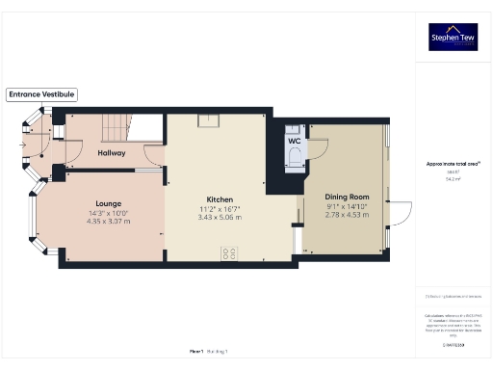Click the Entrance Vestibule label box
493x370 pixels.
pyautogui.click(x=41, y=94)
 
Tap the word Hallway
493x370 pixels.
pyautogui.click(x=113, y=152)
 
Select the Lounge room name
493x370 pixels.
pyautogui.click(x=108, y=203)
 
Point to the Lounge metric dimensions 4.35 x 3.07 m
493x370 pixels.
pyautogui.click(x=108, y=221)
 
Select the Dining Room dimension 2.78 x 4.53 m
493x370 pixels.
pyautogui.click(x=347, y=214)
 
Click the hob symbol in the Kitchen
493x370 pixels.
pyautogui.click(x=230, y=253)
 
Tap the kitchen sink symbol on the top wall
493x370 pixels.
pyautogui.click(x=207, y=120)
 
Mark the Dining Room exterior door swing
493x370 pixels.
pyautogui.click(x=400, y=214)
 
